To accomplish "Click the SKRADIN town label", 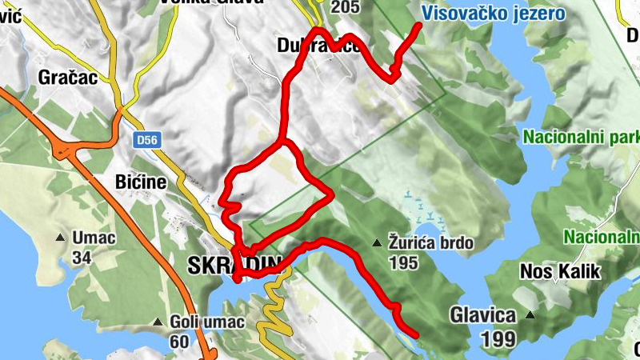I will (234, 265).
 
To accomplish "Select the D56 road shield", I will (145, 140).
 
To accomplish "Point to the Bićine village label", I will (140, 182).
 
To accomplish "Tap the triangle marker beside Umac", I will (60, 238).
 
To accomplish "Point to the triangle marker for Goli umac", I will (158, 322).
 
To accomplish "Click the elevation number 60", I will (179, 342).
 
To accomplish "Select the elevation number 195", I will (403, 262).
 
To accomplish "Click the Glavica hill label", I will (482, 314).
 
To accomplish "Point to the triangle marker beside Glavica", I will (530, 314).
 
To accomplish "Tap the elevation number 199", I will (498, 338).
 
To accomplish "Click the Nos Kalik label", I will (560, 271).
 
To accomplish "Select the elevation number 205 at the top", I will (344, 7).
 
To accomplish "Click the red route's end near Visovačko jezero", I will (418, 26).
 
